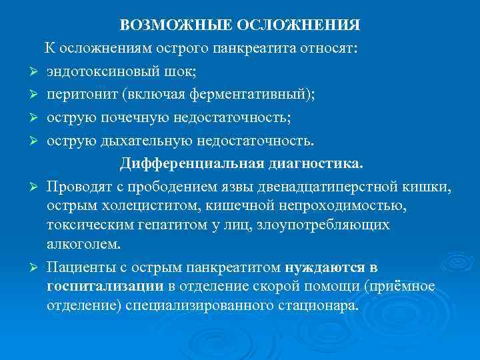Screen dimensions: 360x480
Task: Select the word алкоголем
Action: (83, 244)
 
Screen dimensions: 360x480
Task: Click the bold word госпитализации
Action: (105, 286)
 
